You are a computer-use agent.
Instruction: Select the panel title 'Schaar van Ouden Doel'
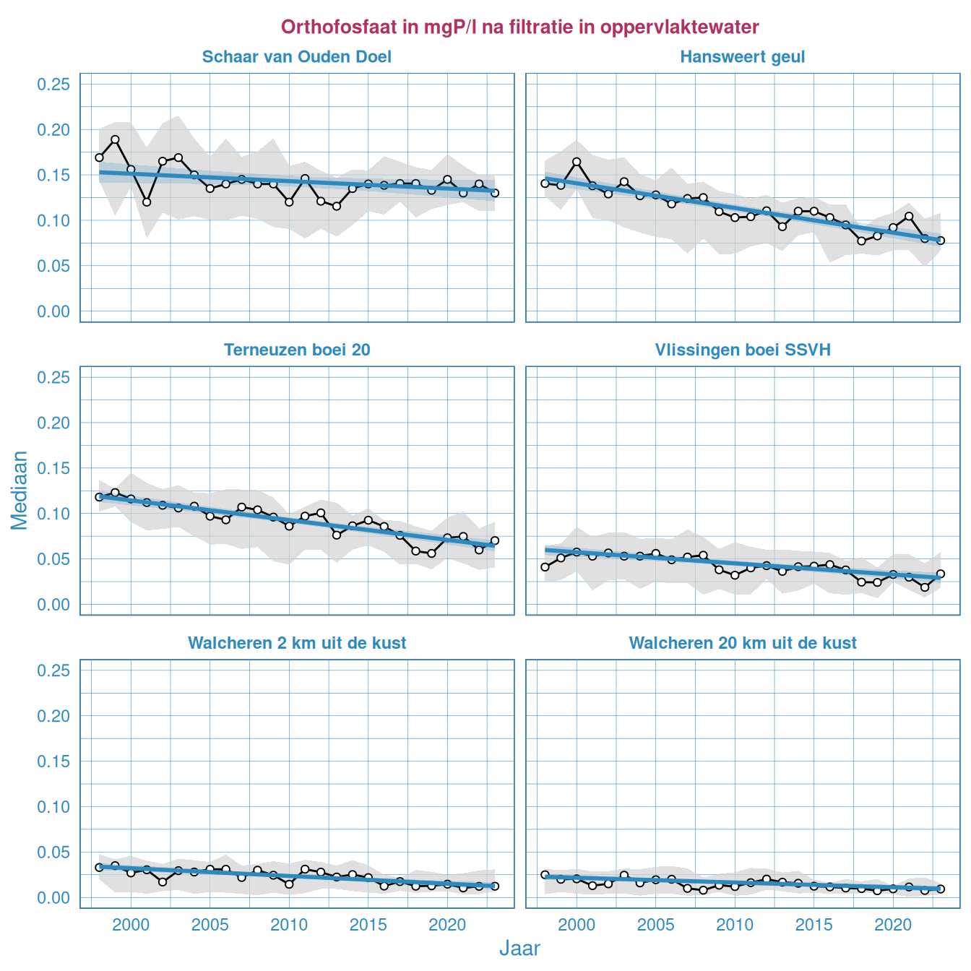[297, 57]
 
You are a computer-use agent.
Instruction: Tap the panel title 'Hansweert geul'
[742, 57]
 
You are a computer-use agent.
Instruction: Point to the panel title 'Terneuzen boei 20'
[297, 350]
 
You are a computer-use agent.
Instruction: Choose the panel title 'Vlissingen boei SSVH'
[742, 350]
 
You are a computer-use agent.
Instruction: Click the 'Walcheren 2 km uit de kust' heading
[297, 643]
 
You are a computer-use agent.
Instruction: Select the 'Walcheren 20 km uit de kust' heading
[742, 643]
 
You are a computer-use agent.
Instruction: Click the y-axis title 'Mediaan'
[20, 491]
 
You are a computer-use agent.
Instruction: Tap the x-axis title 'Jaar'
[519, 949]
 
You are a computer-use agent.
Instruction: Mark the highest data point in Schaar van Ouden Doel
[115, 139]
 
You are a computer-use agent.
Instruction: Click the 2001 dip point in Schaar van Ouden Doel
[147, 202]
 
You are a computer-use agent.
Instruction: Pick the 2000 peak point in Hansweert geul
[577, 162]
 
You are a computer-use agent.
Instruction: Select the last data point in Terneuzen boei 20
[494, 540]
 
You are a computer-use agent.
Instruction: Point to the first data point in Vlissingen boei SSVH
[545, 567]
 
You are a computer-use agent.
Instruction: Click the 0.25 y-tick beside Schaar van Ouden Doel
[53, 85]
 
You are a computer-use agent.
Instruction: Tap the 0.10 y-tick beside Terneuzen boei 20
[53, 514]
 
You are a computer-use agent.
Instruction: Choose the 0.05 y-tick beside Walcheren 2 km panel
[53, 853]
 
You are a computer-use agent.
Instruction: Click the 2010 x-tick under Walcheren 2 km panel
[289, 925]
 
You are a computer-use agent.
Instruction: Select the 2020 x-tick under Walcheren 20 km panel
[893, 925]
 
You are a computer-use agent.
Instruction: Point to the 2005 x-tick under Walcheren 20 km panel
[656, 925]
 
